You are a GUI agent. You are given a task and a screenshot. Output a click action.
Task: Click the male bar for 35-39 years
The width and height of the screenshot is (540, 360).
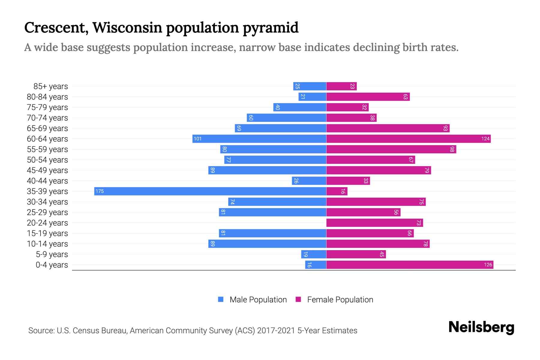[210, 191]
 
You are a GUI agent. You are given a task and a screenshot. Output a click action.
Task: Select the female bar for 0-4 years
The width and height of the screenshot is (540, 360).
[409, 265]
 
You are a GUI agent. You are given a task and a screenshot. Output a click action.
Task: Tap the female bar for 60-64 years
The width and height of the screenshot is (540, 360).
[408, 139]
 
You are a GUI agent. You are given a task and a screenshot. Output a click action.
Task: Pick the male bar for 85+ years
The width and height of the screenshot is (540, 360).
[310, 86]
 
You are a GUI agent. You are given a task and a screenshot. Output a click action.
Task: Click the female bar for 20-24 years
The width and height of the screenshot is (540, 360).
[374, 223]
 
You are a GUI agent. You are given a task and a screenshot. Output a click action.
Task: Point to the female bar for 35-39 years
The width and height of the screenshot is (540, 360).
[337, 191]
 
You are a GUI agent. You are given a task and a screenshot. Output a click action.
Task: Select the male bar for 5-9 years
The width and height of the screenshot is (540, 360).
[313, 254]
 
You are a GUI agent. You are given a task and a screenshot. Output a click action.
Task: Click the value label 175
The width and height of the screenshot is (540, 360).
[100, 191]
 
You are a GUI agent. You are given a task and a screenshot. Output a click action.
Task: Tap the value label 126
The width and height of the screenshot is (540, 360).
[488, 265]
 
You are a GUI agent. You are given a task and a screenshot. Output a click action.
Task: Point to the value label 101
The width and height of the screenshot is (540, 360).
[198, 139]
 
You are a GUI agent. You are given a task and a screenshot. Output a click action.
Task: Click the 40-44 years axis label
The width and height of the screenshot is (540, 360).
[47, 181]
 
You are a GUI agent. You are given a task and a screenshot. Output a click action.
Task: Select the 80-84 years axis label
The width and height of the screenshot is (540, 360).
[47, 97]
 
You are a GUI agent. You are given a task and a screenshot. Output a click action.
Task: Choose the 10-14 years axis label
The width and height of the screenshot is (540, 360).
[47, 244]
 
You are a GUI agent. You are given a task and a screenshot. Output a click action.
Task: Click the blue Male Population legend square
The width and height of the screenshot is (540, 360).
[221, 299]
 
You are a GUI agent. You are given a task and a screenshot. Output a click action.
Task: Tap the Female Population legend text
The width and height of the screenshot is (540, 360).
[340, 299]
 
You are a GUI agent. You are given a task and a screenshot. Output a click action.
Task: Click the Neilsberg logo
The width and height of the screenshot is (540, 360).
[481, 327]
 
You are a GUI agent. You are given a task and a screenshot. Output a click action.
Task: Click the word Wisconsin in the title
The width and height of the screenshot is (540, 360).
[127, 28]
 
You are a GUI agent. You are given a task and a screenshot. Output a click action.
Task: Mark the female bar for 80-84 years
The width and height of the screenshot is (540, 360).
[368, 97]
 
